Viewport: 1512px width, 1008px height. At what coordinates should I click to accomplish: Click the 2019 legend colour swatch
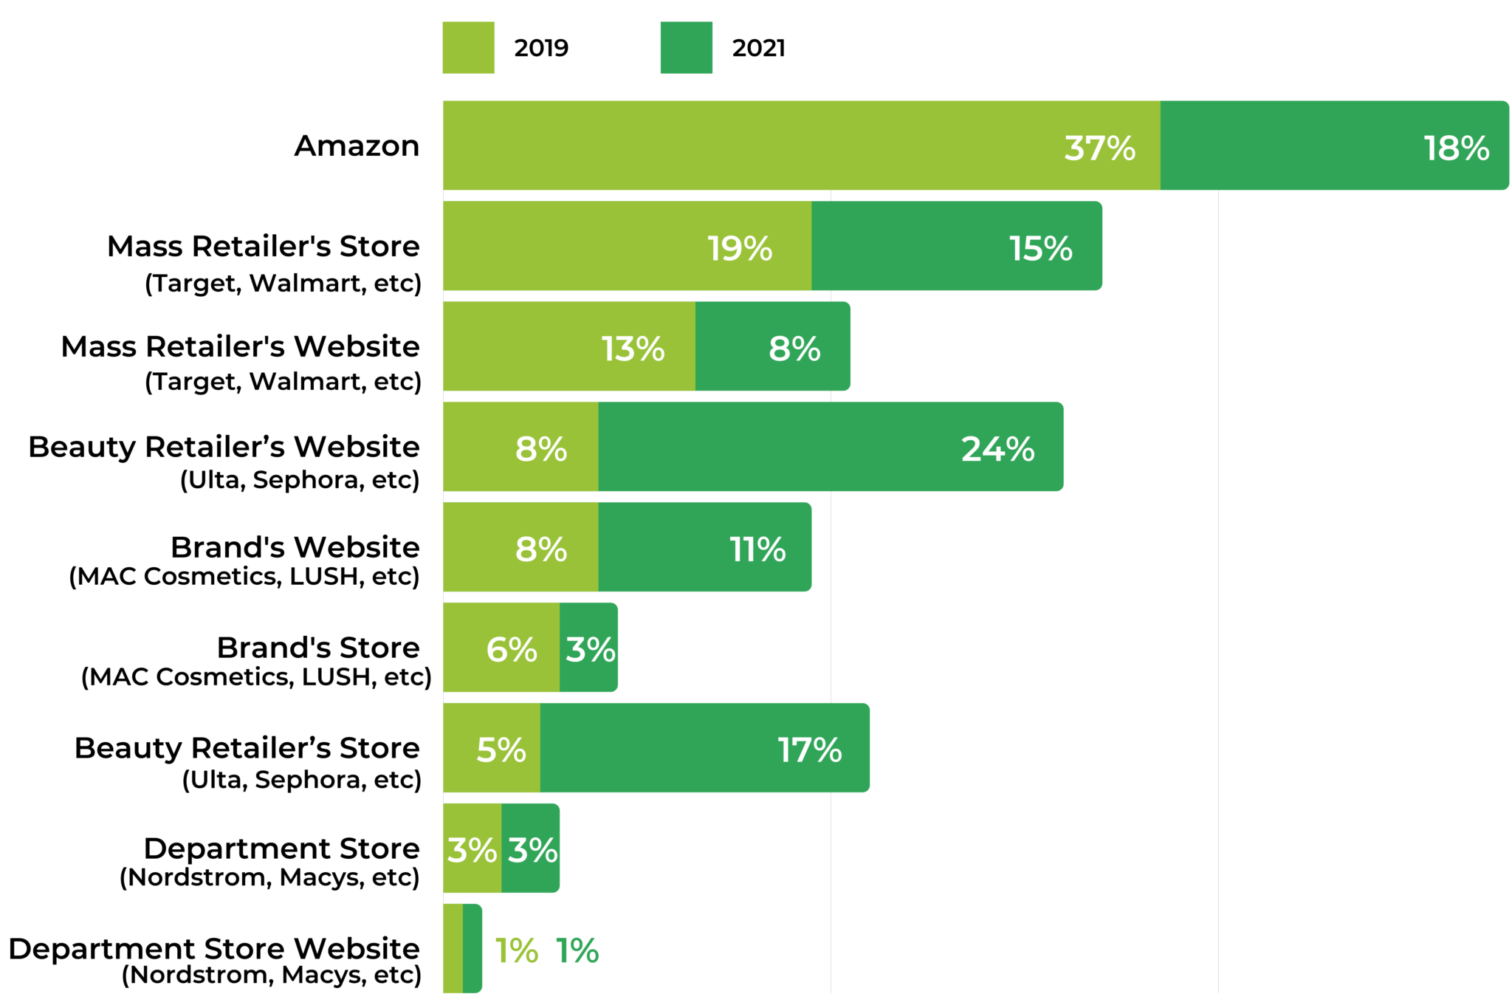coord(468,48)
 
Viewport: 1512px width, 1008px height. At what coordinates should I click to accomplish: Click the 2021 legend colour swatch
coord(686,48)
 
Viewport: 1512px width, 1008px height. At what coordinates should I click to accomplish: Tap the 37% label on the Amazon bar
coord(1099,148)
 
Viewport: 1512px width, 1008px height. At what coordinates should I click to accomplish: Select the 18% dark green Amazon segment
coord(1333,145)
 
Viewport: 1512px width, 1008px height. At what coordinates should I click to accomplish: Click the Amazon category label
coord(357,145)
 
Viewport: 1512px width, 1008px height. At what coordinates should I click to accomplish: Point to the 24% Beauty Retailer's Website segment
coord(830,447)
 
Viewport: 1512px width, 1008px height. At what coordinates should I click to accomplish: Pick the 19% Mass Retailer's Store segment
coord(627,246)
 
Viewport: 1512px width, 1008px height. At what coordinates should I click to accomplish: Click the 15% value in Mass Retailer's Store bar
coord(1040,248)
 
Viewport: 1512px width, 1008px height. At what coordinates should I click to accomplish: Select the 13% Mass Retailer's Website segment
coord(568,346)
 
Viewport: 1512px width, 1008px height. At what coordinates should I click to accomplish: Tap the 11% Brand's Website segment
coord(704,547)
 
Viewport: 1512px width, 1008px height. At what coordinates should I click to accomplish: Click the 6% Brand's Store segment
coord(501,648)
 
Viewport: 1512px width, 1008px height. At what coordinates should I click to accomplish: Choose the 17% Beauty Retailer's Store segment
coord(704,748)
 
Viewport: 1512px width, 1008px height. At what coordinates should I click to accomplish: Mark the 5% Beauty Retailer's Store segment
coord(492,748)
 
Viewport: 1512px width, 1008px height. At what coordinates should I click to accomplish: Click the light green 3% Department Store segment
coord(472,848)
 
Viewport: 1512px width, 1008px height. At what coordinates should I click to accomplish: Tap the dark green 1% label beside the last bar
coord(577,950)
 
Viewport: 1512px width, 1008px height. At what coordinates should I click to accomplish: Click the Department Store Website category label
coord(214,949)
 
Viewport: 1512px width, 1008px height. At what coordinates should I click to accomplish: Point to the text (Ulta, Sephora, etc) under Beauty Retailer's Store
coord(301,780)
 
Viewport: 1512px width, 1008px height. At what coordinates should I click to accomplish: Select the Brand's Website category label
coord(295,547)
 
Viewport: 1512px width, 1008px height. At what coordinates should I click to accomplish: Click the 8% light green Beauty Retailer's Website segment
coord(520,447)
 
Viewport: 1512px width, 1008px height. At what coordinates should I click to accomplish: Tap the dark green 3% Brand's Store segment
coord(589,648)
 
